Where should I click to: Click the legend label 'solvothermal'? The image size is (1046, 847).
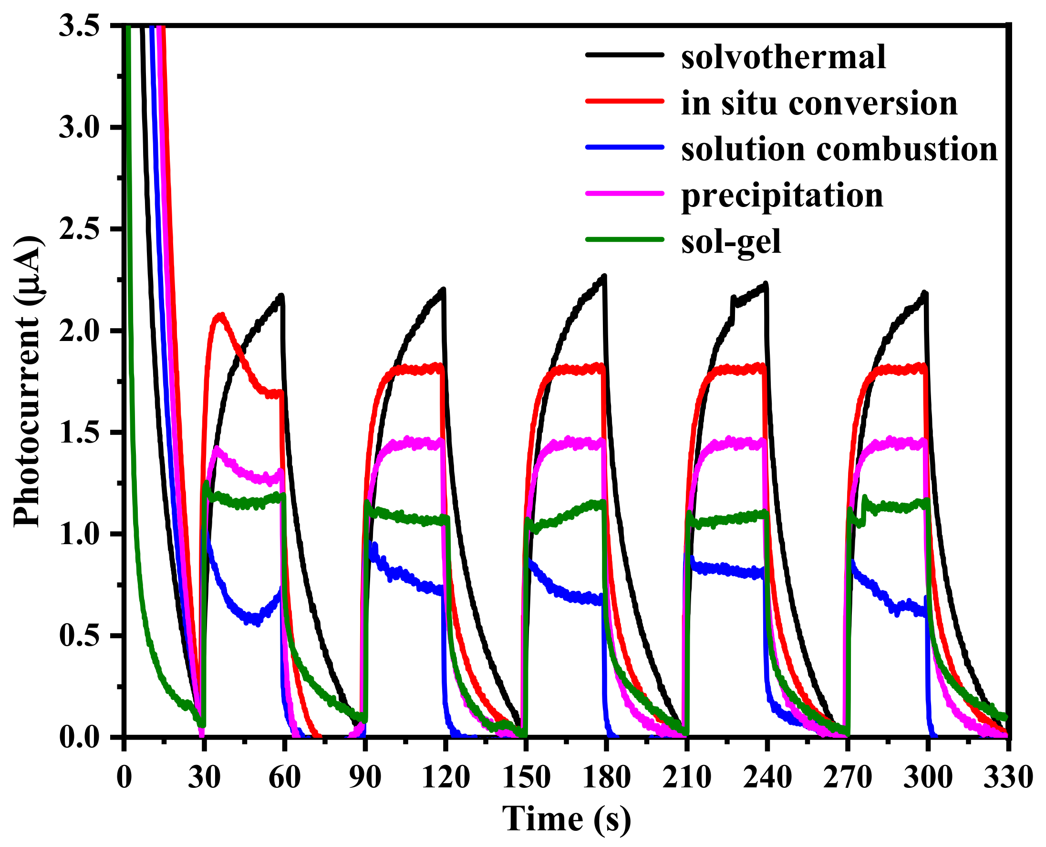coord(783,58)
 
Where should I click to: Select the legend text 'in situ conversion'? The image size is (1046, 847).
coord(819,103)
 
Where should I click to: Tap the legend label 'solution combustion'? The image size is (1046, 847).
coord(839,149)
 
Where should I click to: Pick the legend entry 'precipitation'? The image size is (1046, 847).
coord(782,196)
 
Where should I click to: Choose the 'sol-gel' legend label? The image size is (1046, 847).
coord(731,242)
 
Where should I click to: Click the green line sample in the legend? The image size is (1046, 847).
coord(624,239)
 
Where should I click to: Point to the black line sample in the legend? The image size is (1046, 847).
coord(624,55)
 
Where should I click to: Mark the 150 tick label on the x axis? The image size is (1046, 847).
coord(526,777)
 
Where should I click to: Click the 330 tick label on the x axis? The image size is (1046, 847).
coord(1008,777)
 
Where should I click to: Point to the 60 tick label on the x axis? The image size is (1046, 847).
coord(284,777)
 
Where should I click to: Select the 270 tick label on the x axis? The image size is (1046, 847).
coord(847,777)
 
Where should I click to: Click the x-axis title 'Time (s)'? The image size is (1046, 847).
coord(567,819)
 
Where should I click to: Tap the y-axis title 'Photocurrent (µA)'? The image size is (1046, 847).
coord(27,382)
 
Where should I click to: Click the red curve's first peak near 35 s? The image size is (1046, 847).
coord(220,316)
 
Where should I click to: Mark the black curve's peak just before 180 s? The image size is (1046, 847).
coord(604,277)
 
